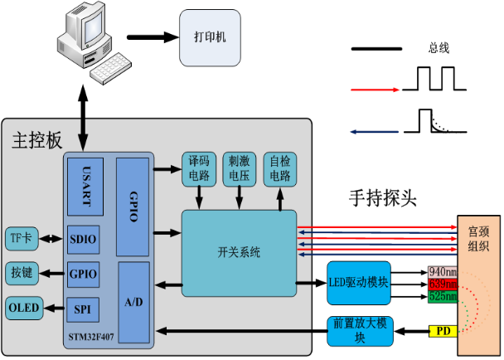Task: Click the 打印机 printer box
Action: [x=210, y=38]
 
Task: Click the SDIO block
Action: [x=84, y=239]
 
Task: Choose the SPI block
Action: [x=83, y=309]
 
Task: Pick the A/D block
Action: [x=133, y=302]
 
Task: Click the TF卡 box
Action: [x=21, y=239]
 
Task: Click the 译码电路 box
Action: [x=199, y=168]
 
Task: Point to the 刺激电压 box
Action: [x=240, y=168]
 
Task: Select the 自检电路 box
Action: [x=279, y=168]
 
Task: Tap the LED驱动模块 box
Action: [x=359, y=283]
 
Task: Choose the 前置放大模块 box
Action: [x=359, y=331]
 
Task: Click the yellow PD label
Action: [x=443, y=332]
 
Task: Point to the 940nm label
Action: [x=443, y=272]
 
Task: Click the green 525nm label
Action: [x=443, y=296]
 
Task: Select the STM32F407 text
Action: [x=92, y=339]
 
